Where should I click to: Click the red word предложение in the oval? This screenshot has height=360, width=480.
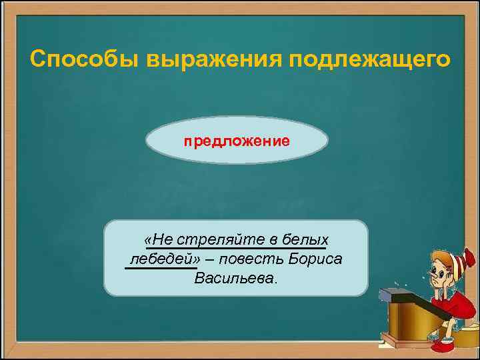click(237, 141)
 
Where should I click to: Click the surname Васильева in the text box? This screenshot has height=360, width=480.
click(234, 277)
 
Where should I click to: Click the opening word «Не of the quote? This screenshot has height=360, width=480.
click(158, 239)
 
